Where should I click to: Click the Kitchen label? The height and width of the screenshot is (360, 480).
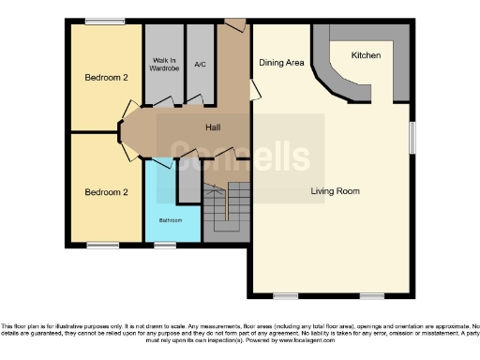point(366,56)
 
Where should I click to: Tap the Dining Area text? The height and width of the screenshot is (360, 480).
point(281,63)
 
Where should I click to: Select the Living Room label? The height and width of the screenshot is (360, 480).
point(336,191)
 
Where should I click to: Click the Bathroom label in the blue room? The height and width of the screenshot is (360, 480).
point(170,221)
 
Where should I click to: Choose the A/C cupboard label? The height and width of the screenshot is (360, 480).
point(200,65)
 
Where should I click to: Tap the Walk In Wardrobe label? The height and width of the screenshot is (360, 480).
point(165,65)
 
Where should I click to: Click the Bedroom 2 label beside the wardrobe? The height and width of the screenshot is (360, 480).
point(105,77)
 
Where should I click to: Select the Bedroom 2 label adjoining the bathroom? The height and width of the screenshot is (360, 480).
point(105,192)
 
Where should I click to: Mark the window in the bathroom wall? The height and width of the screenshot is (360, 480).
point(165,246)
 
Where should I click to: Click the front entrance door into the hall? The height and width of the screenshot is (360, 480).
point(234,23)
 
